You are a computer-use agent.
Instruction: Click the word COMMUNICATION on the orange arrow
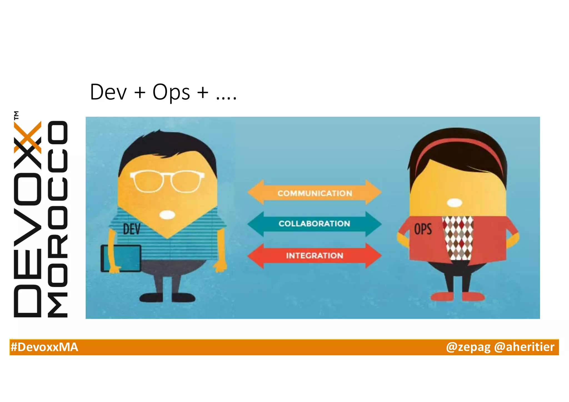point(315,193)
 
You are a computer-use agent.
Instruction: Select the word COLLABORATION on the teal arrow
point(314,223)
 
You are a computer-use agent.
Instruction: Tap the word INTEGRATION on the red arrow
point(315,255)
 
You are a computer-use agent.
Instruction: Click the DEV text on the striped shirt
point(132,229)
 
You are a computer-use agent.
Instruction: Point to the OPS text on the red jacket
point(423,229)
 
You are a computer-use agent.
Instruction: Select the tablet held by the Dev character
point(121,258)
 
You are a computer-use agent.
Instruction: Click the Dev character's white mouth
point(167,215)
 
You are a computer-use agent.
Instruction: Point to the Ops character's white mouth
point(454,203)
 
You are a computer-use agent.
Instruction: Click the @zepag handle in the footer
point(468,347)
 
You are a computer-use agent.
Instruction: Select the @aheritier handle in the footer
point(524,347)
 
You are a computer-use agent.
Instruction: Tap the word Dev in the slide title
point(108,92)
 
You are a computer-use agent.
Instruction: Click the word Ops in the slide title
point(171,92)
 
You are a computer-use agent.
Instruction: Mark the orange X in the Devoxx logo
point(28,137)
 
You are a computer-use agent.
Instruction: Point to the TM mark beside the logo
point(17,115)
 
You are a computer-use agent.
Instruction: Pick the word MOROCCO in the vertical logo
point(58,219)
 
